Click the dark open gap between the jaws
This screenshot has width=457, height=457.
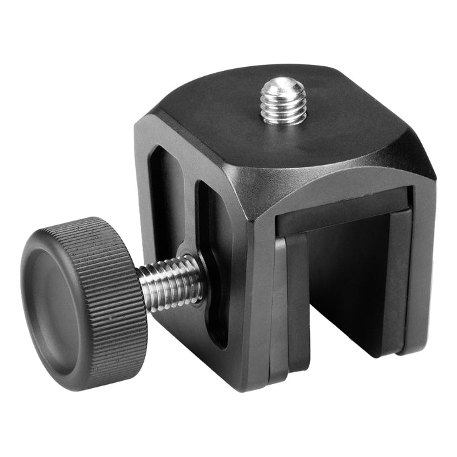[344, 285]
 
